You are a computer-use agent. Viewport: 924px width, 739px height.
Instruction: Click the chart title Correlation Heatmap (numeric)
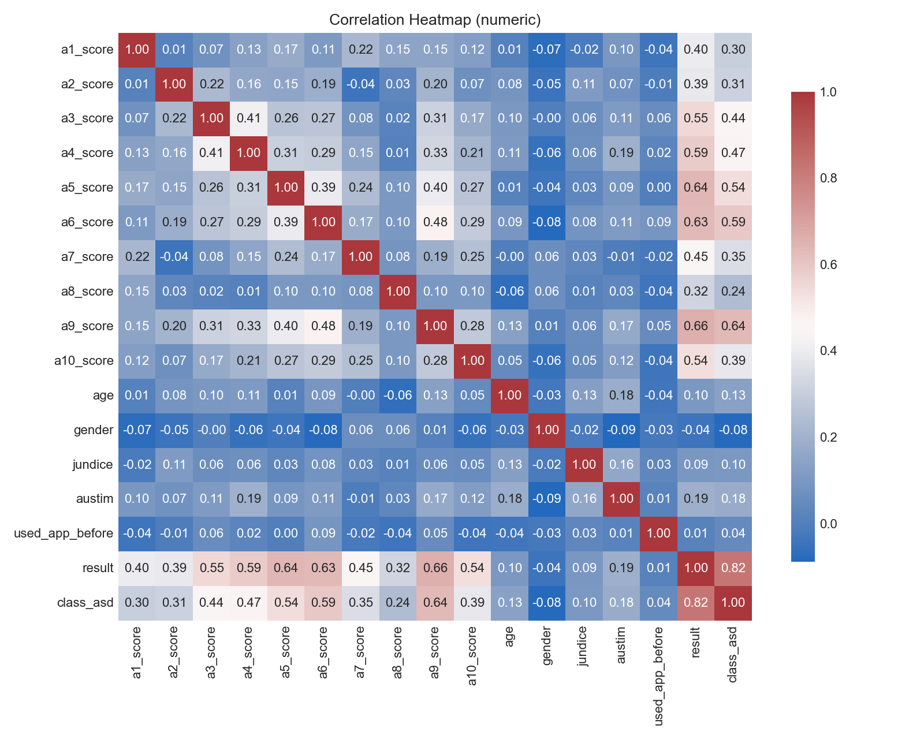tap(435, 20)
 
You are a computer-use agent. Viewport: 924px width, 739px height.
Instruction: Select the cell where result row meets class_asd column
tap(733, 568)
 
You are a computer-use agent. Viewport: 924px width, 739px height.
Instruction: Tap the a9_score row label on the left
tap(87, 326)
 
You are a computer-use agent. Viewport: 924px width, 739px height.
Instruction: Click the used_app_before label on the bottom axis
tap(659, 676)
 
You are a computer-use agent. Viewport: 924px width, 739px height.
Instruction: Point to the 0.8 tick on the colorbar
tap(828, 178)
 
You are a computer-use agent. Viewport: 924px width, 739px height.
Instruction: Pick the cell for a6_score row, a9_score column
tap(435, 222)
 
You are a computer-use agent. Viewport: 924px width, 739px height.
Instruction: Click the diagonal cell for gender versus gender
tap(547, 430)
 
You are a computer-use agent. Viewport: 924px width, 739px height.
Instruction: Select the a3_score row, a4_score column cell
tap(249, 118)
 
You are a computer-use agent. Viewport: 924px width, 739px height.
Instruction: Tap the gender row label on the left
tap(93, 430)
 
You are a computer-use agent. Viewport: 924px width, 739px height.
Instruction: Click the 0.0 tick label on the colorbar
tap(828, 524)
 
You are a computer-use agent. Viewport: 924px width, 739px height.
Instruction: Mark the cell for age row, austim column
tap(621, 395)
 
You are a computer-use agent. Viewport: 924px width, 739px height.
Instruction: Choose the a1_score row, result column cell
tap(696, 50)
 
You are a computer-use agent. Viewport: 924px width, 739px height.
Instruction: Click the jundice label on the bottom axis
tap(583, 646)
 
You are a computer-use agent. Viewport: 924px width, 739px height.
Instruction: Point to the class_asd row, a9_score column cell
tap(435, 603)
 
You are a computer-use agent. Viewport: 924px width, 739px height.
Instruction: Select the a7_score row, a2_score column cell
tap(174, 257)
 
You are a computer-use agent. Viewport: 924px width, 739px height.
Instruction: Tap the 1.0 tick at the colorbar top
tap(828, 92)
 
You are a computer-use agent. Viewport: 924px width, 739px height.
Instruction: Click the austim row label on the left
tap(95, 499)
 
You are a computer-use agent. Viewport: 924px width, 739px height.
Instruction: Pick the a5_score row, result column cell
tap(696, 188)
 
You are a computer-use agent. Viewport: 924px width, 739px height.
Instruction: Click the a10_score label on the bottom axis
tap(472, 656)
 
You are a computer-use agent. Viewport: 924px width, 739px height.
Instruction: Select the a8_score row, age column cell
tap(509, 292)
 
